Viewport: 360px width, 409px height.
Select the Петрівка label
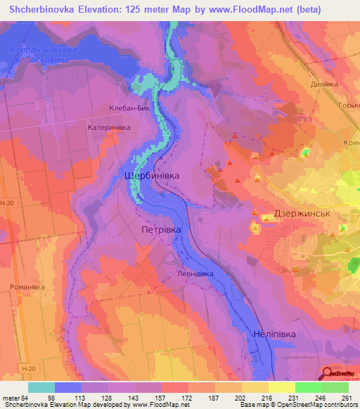tap(161, 230)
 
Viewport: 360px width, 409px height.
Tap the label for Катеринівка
tap(109, 128)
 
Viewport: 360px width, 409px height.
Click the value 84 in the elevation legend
tap(29, 398)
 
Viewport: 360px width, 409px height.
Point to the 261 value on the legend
tap(345, 398)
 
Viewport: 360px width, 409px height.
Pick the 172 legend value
tap(186, 398)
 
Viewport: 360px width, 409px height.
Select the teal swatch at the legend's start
tap(41, 387)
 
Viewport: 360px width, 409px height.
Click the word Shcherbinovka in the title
tap(47, 9)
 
